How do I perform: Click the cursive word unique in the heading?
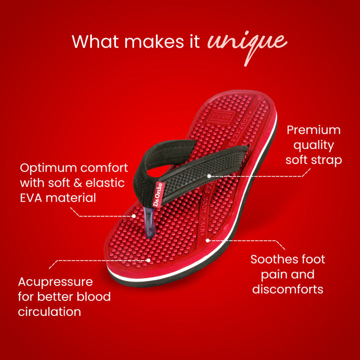point(247,43)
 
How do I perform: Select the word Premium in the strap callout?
point(313,130)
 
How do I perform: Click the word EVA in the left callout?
point(31,197)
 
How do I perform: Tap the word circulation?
point(49,311)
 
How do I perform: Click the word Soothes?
point(274,259)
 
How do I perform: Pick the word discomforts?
point(287,289)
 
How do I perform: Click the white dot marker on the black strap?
point(209,176)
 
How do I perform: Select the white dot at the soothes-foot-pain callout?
point(207,240)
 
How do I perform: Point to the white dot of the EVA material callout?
point(134,216)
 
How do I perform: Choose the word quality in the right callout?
point(313,145)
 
